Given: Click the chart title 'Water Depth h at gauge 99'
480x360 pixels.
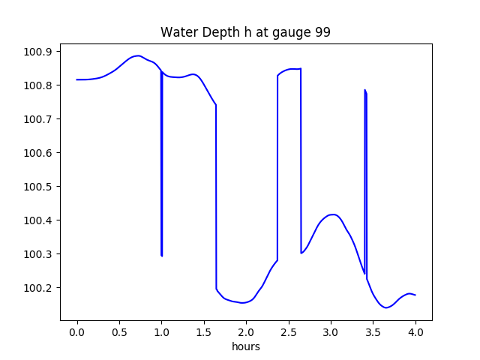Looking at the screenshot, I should [245, 33].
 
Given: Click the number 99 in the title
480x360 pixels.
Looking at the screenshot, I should [322, 33].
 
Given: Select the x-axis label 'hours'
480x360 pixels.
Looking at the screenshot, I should [246, 347].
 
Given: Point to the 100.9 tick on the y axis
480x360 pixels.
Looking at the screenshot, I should [38, 52].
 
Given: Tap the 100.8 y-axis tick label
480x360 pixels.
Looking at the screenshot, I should [38, 85].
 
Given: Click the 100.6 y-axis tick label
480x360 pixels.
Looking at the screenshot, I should [38, 153].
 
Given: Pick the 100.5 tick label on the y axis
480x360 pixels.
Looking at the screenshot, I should [38, 187].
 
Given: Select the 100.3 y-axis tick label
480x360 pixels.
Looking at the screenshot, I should [38, 254].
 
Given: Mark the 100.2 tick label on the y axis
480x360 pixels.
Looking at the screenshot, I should [38, 288].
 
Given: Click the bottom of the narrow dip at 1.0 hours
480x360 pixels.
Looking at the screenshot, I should [162, 256].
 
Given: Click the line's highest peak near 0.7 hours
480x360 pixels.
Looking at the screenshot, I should [137, 55].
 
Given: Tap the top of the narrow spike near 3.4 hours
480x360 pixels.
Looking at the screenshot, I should [365, 90].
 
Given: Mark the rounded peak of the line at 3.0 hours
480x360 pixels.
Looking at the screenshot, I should [332, 214].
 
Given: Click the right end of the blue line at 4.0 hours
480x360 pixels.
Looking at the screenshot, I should [415, 295].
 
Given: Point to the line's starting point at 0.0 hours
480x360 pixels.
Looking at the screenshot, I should [77, 79].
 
